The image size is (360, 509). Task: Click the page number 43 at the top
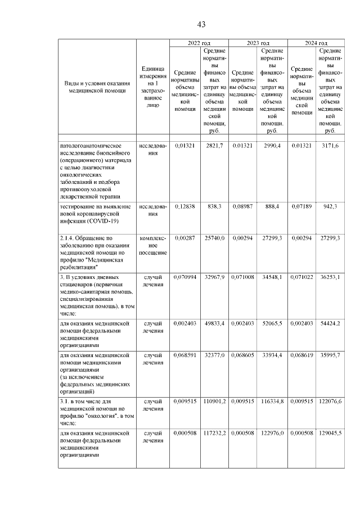point(201,24)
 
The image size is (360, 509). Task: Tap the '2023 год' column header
point(258,43)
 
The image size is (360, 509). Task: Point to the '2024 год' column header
point(316,43)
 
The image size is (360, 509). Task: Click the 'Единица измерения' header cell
point(152,90)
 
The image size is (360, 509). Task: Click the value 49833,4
point(215,325)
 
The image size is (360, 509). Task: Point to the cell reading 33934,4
point(272,355)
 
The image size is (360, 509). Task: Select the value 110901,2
point(214,402)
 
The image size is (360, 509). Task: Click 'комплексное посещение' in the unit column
point(152,246)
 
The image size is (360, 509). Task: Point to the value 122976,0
point(272,433)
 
